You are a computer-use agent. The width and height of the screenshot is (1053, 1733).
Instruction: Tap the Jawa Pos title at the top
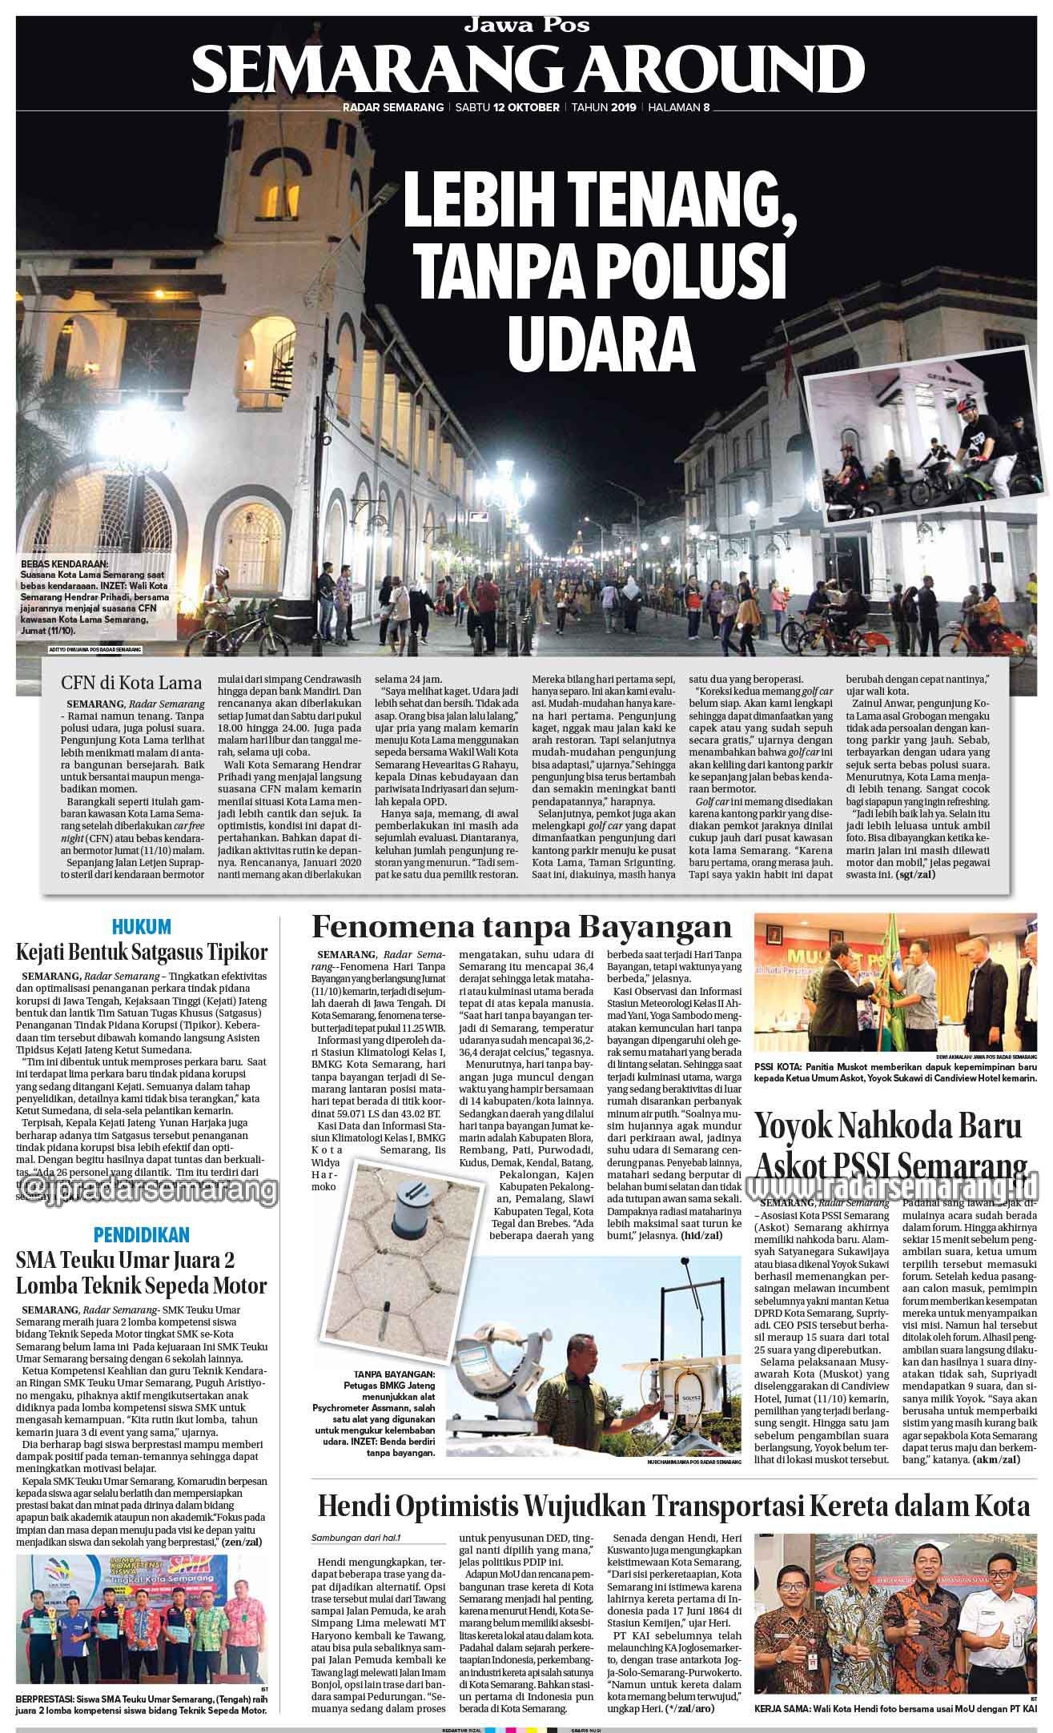[x=526, y=24]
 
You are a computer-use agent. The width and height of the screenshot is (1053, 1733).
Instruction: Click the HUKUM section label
[x=142, y=927]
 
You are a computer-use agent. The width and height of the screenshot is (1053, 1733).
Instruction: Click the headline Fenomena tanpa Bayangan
[x=521, y=927]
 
